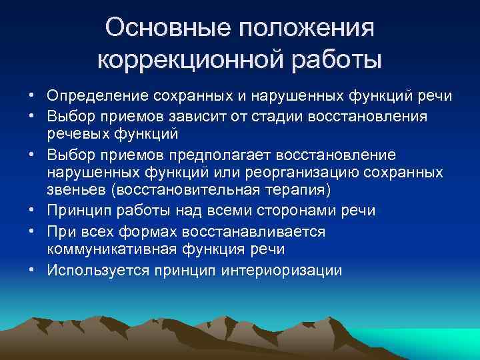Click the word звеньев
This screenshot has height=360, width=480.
(x=77, y=191)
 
